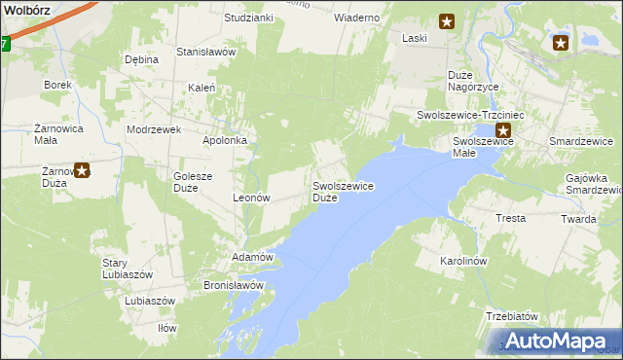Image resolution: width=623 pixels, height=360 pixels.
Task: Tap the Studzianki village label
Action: click(248, 18)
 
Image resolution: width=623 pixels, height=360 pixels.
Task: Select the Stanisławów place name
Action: click(205, 52)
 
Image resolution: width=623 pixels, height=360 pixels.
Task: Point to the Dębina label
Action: click(141, 59)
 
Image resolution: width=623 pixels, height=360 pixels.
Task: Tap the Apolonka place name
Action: click(224, 140)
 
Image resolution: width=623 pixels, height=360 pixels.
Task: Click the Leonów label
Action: click(250, 197)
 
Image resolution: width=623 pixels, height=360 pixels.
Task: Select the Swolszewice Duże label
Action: click(344, 191)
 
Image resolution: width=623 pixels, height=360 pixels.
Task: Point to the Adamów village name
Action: click(249, 257)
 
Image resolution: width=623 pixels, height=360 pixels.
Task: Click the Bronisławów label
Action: click(234, 285)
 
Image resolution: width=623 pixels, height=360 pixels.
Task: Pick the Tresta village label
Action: click(511, 218)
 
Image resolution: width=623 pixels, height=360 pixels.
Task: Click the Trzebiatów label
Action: click(511, 316)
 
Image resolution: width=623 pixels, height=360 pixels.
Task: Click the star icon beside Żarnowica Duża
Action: click(82, 171)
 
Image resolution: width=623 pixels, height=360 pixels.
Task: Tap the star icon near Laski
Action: click(446, 20)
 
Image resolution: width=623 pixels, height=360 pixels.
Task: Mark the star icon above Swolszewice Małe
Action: click(503, 130)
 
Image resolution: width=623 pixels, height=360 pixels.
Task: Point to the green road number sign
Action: click(4, 44)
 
